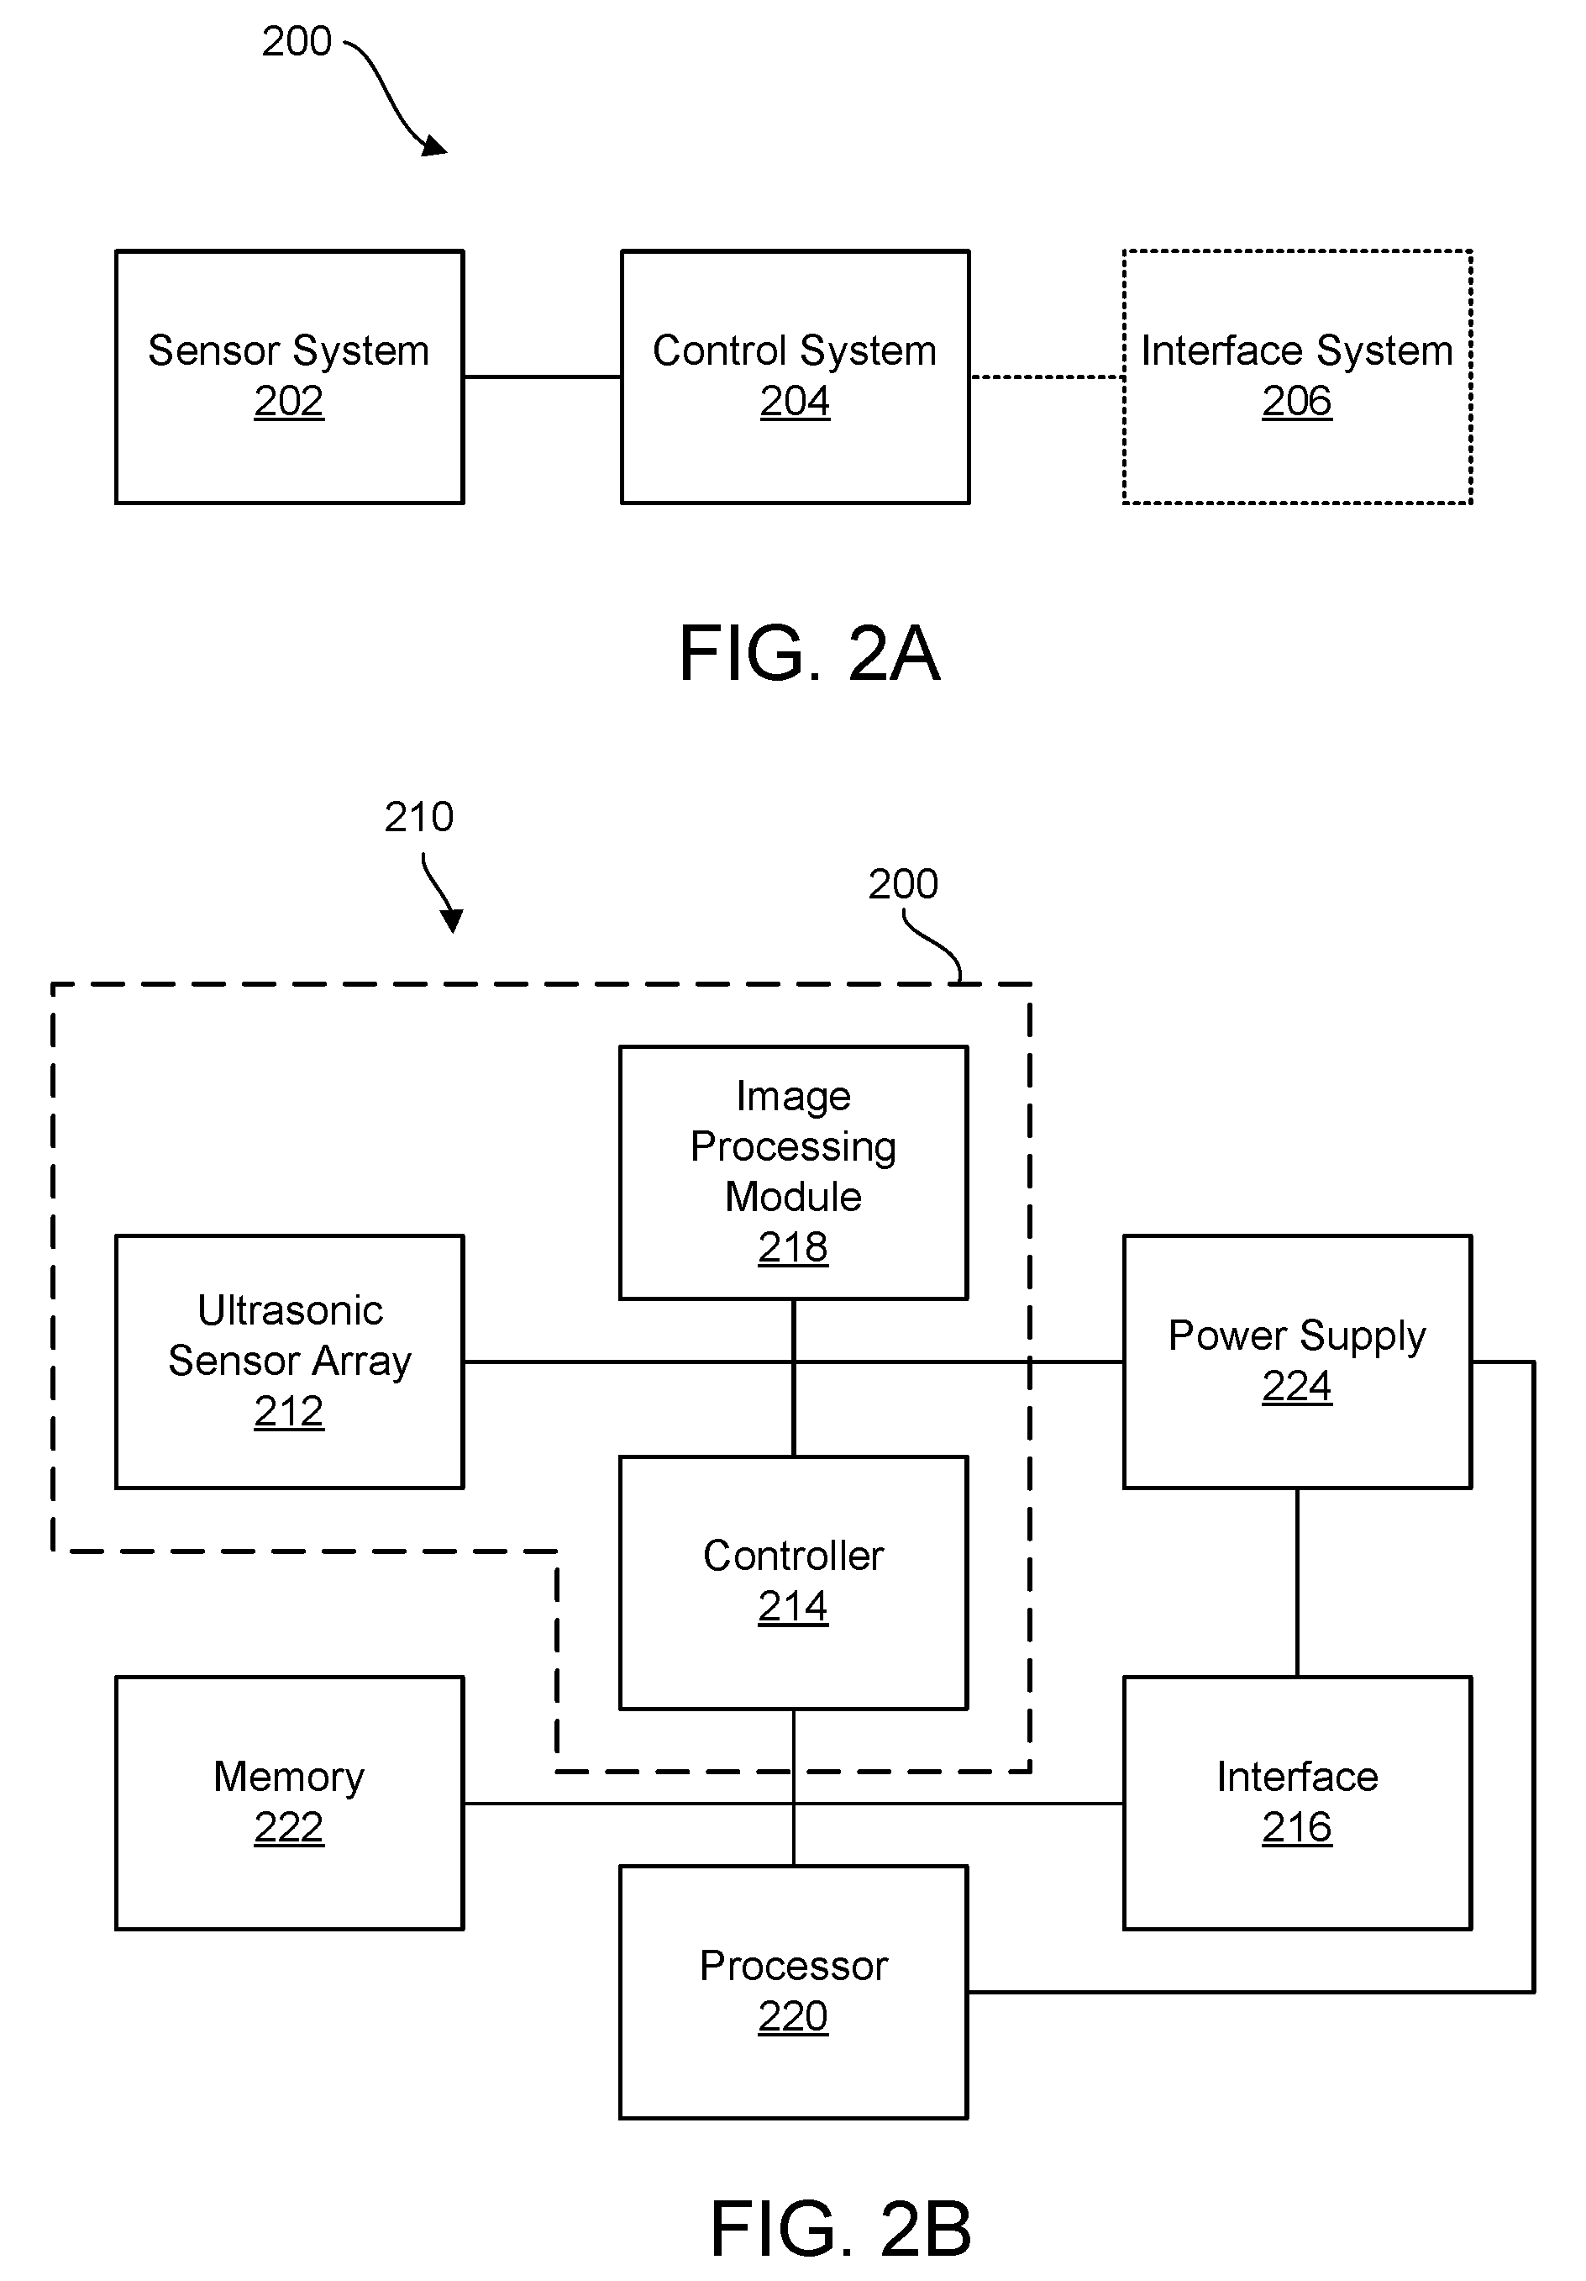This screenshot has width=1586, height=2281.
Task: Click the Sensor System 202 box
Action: point(289,377)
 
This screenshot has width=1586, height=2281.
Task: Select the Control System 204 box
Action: point(795,377)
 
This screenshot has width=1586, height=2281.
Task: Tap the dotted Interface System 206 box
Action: point(1297,377)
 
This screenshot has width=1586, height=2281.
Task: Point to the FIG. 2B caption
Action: point(840,2230)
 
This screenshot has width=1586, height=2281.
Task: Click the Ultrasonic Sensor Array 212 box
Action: point(289,1361)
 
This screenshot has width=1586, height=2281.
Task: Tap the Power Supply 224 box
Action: point(1297,1361)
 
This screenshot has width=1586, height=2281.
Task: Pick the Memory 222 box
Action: point(289,1803)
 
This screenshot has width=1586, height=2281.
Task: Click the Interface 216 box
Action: point(1297,1803)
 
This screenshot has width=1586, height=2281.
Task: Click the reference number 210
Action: point(418,817)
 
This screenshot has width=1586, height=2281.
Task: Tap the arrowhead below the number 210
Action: point(453,921)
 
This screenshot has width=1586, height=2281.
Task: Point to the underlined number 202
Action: point(289,402)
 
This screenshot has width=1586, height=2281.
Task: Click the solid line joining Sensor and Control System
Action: point(542,377)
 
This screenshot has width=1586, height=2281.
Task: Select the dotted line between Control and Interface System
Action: point(1047,377)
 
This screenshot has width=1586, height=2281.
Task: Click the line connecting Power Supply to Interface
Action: point(1297,1583)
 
